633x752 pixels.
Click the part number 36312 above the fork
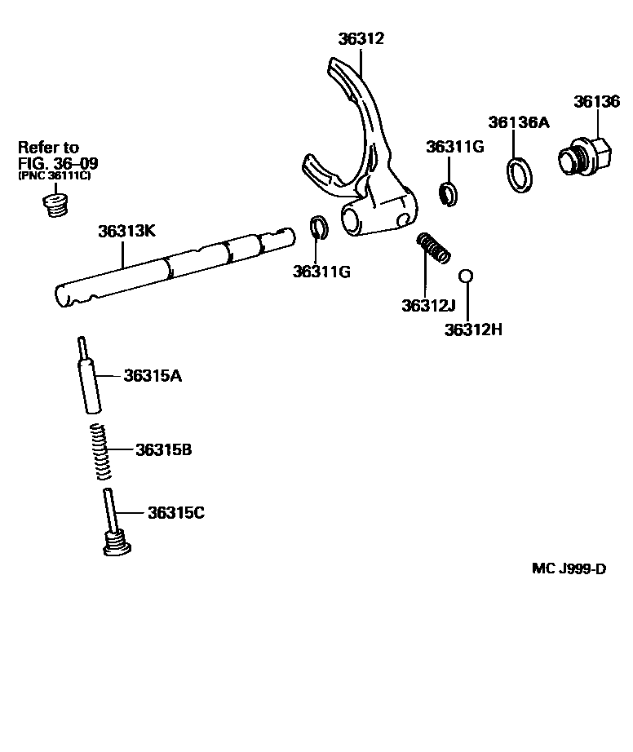point(361,39)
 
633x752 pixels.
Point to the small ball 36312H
point(466,276)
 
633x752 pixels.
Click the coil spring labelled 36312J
point(433,247)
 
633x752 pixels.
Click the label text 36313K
point(126,231)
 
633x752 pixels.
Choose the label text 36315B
point(164,449)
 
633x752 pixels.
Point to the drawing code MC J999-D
point(569,568)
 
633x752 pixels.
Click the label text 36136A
point(519,122)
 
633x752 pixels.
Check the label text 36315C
point(176,513)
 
